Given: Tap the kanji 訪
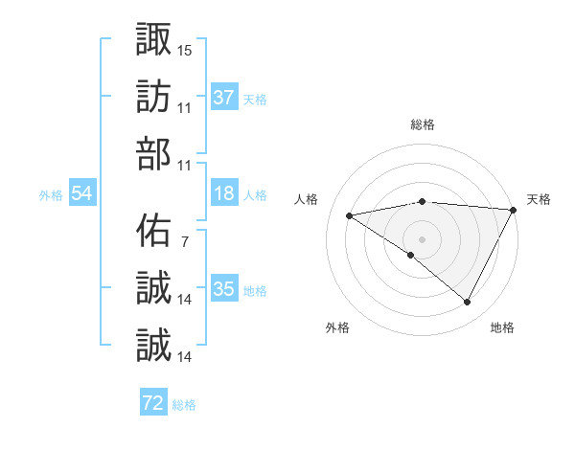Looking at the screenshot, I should pos(154,97).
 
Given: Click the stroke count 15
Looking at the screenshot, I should pos(185,49).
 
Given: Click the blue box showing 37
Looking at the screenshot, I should pos(223,97).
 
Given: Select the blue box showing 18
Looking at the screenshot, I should pos(223,193).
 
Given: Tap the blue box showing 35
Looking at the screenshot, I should pos(223,289).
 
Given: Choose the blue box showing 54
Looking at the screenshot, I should pos(82,193).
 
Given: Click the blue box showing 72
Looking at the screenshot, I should pos(153,404).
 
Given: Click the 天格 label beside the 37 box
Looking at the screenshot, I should pos(255,99).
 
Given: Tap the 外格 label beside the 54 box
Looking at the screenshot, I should pos(51,195).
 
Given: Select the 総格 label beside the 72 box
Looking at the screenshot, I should pos(185,405).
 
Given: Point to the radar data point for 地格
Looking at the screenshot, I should pos(468,303).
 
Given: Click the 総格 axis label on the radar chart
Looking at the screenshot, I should pos(423,124).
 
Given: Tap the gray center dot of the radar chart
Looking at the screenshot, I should pos(422,238).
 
